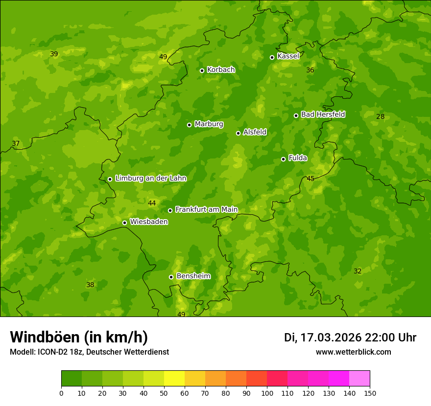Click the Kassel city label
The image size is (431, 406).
coord(288,56)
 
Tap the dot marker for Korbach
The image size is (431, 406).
coord(202,70)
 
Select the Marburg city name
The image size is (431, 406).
coord(209,124)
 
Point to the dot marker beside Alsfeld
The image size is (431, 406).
coord(239,133)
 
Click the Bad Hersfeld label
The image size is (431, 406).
coord(323,114)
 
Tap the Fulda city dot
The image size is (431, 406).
coord(283,159)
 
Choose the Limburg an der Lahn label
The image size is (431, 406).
coord(150,179)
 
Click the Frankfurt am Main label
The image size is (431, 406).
coord(206,209)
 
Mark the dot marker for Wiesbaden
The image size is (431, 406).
coord(124,223)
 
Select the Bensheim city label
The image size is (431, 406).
coord(193,276)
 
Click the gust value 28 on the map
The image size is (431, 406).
coord(381,116)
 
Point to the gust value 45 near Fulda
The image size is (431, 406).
coord(311,179)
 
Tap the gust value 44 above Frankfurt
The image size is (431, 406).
coord(152,203)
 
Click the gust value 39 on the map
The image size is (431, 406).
coord(54,54)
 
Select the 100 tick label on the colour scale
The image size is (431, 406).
coord(267,393)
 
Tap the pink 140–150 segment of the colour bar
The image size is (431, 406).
coord(359,379)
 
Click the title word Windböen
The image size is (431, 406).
coord(45,338)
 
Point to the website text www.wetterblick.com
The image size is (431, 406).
coord(353,352)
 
